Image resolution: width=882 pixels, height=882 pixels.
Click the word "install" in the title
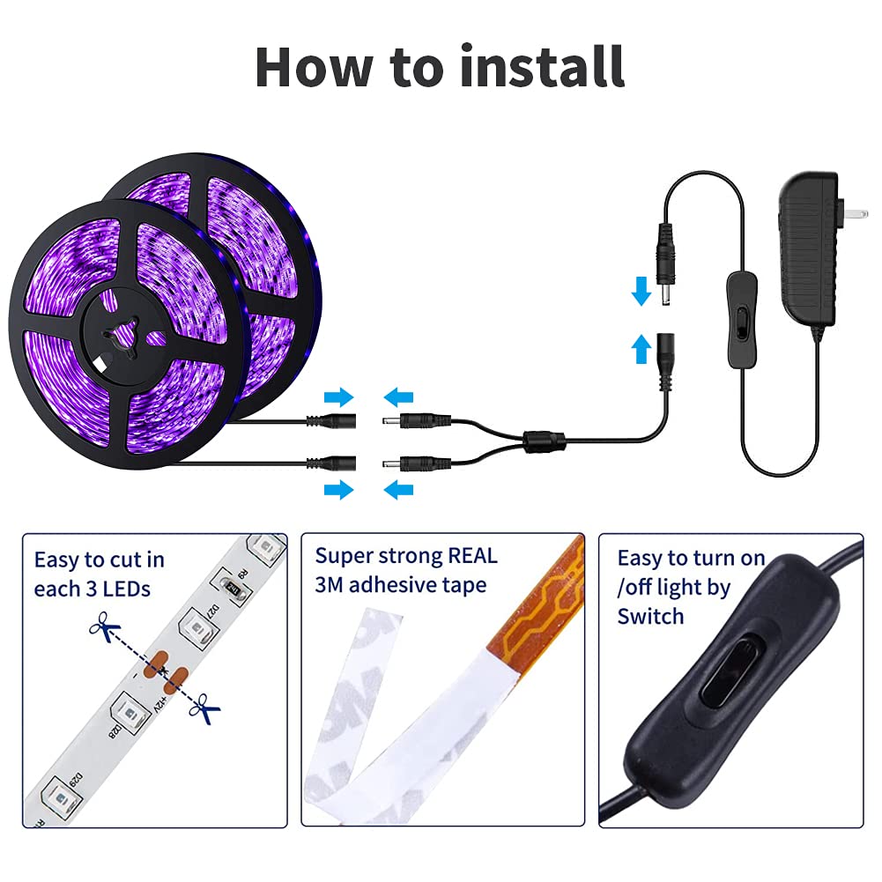542,66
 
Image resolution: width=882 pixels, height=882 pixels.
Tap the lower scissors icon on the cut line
208,707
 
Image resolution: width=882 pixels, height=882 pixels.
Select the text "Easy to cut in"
99,560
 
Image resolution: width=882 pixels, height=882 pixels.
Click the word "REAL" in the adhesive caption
472,555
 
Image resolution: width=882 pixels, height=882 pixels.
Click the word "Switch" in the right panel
650,616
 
